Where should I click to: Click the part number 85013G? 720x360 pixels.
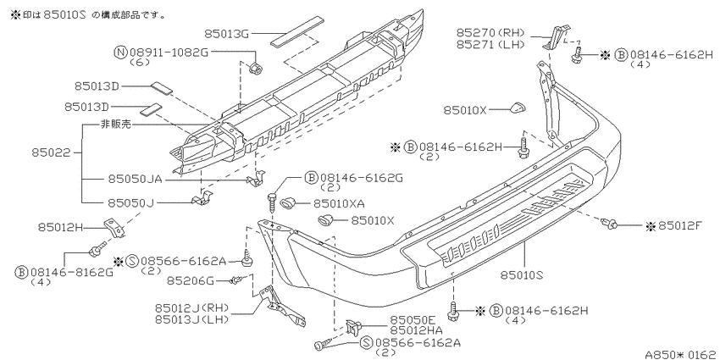tap(226, 34)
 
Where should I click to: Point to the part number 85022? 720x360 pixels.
tap(51, 152)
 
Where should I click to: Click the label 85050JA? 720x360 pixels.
tap(135, 179)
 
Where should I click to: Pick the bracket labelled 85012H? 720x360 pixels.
tap(114, 228)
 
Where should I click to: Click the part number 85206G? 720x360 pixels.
tap(190, 280)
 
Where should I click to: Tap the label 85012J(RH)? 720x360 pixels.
tap(191, 307)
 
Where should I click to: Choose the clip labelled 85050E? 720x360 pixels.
tap(352, 327)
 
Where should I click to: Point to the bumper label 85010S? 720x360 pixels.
tap(522, 275)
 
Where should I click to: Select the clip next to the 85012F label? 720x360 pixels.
tap(608, 224)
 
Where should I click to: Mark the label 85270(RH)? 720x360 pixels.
tap(490, 32)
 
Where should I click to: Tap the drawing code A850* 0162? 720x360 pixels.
tap(680, 354)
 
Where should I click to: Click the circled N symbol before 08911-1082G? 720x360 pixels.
tap(120, 52)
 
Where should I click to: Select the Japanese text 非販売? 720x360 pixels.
tap(116, 124)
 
